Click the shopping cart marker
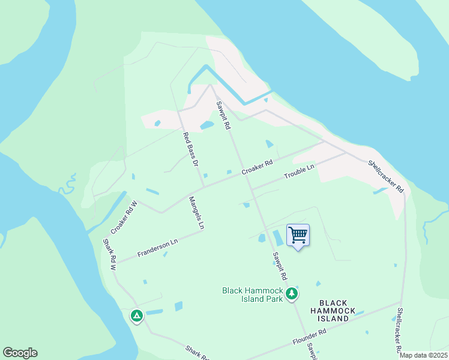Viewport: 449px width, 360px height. tap(298, 235)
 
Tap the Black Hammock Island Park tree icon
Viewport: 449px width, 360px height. tap(292, 293)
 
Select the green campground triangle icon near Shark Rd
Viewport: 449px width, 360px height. tap(137, 315)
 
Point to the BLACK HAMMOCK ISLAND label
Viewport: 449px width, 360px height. tap(334, 311)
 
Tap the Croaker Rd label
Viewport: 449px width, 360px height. tap(258, 167)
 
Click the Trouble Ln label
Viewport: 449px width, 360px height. tap(299, 175)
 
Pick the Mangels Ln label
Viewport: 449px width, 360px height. tap(197, 213)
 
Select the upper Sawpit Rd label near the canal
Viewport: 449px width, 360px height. tap(223, 115)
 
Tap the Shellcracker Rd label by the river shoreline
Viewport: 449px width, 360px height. tap(385, 175)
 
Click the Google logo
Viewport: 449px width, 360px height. tap(20, 353)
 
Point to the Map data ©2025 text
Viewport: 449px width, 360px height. tap(423, 355)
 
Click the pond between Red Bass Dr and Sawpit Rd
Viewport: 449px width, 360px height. tap(207, 125)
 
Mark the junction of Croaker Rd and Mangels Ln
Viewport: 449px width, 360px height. tap(202, 187)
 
